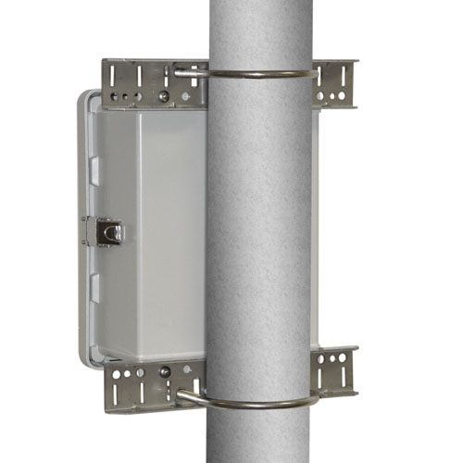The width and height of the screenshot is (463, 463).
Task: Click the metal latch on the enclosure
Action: click(x=108, y=231)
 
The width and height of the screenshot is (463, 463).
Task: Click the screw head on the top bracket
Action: click(x=163, y=95)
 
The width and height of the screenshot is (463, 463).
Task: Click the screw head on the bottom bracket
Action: click(x=164, y=371)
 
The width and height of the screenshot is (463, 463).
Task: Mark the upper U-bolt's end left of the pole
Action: click(x=180, y=71)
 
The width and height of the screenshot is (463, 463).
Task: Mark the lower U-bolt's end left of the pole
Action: click(x=181, y=396)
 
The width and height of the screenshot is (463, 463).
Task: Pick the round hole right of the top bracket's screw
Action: click(x=181, y=95)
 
